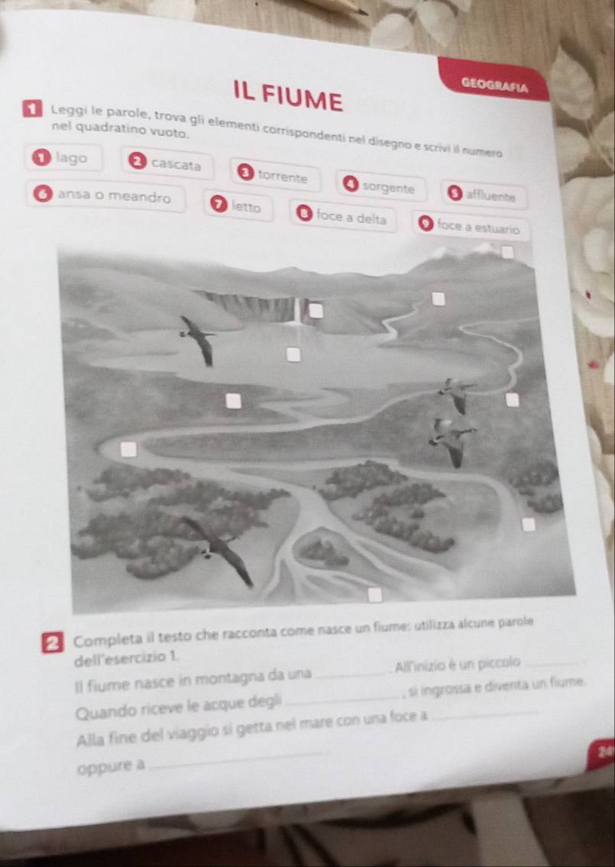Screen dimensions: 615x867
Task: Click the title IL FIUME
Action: coord(287,96)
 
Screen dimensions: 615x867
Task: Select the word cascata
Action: coord(176,164)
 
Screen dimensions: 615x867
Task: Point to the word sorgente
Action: coord(388,188)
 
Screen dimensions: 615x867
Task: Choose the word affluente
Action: coord(491,196)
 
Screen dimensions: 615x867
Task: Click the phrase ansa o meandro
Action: coord(115,196)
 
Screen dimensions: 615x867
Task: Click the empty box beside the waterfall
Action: coord(316,311)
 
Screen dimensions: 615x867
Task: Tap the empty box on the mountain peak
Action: coord(507,253)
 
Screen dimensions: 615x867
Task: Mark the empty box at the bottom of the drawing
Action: coord(376,595)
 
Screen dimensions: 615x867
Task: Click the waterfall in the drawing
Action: coord(297,312)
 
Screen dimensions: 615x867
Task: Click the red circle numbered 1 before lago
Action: coord(41,158)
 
